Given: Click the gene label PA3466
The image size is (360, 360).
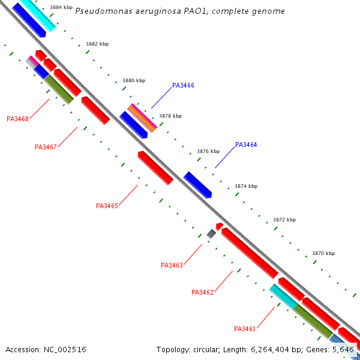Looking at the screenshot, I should pyautogui.click(x=183, y=86).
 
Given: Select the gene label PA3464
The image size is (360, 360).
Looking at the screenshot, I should pyautogui.click(x=246, y=145).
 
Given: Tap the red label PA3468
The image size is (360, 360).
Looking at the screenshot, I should pyautogui.click(x=17, y=119).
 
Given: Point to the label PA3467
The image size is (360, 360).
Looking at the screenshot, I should pyautogui.click(x=46, y=147).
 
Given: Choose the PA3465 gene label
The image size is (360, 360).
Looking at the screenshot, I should pyautogui.click(x=107, y=206).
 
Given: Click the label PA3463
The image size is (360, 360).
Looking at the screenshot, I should pyautogui.click(x=172, y=265).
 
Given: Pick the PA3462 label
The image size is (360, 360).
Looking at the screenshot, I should pyautogui.click(x=202, y=292).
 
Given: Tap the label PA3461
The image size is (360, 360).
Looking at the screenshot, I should pyautogui.click(x=245, y=329).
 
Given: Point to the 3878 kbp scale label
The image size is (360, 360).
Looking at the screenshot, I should pyautogui.click(x=170, y=116).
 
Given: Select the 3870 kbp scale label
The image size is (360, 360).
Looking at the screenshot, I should pyautogui.click(x=323, y=253).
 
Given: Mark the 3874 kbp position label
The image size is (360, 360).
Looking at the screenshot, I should pyautogui.click(x=245, y=186).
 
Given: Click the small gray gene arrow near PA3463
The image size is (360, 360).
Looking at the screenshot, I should pyautogui.click(x=211, y=233).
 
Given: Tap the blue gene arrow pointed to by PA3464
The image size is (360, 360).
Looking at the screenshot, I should pyautogui.click(x=198, y=185).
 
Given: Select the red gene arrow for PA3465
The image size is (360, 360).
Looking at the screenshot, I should pyautogui.click(x=155, y=168).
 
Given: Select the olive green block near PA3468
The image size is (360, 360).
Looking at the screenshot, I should pyautogui.click(x=59, y=89).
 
